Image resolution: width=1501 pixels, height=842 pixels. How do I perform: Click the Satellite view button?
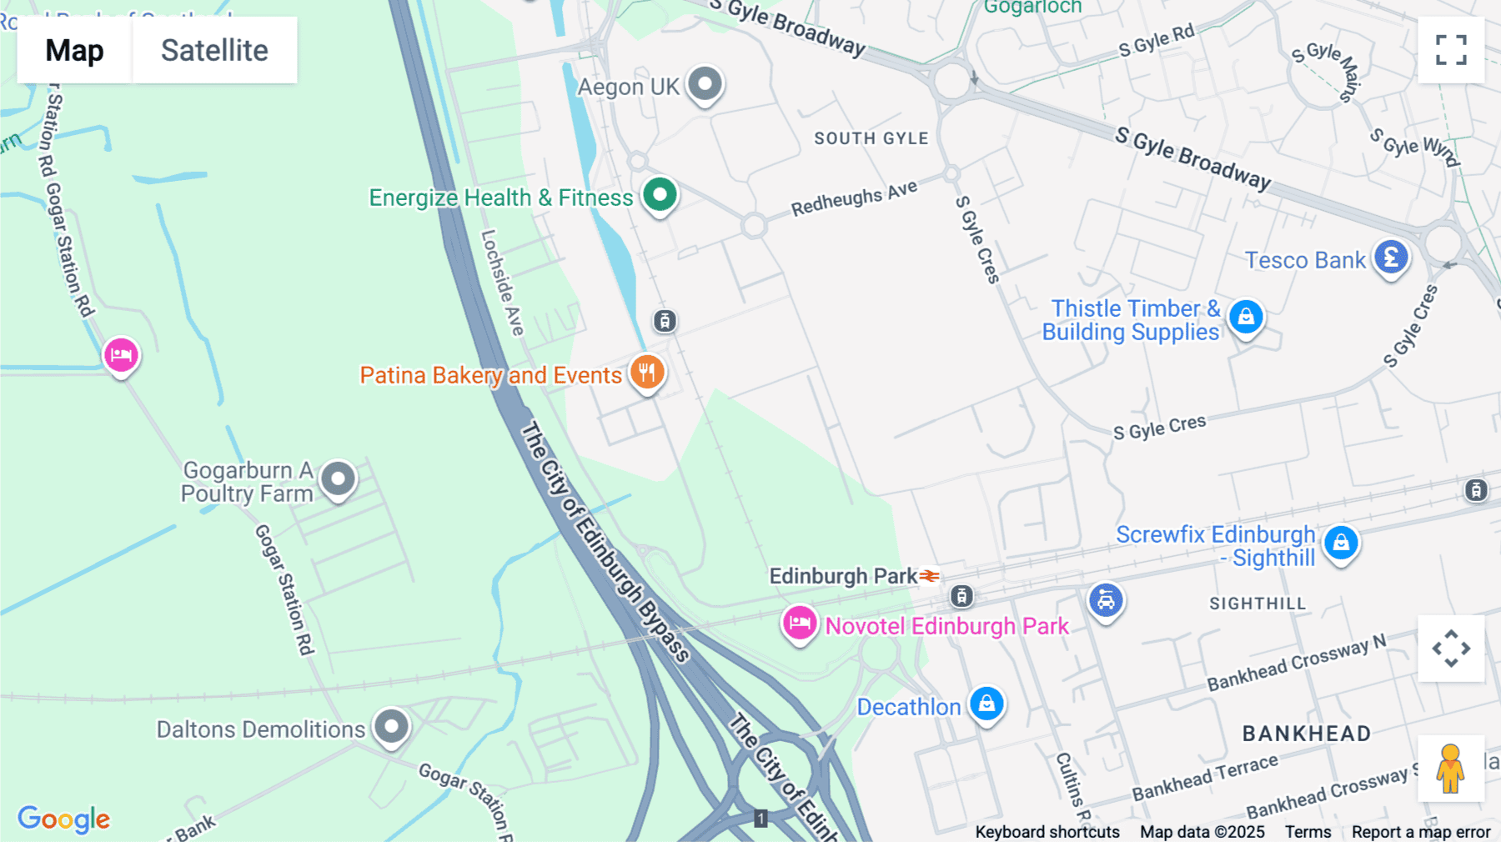pyautogui.click(x=214, y=50)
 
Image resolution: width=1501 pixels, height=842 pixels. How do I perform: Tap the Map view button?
pyautogui.click(x=74, y=50)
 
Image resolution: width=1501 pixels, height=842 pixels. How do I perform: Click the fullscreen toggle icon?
pyautogui.click(x=1451, y=50)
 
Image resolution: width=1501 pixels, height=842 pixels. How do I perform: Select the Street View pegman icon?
pyautogui.click(x=1450, y=768)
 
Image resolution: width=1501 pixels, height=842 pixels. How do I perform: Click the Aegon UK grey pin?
pyautogui.click(x=705, y=84)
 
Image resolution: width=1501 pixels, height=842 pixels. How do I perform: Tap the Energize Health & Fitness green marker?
pyautogui.click(x=660, y=196)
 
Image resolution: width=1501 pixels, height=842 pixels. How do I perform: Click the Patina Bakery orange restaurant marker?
pyautogui.click(x=647, y=373)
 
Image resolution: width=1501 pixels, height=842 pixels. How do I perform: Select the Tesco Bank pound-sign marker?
pyautogui.click(x=1391, y=258)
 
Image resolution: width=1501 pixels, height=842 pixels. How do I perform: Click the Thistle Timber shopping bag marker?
pyautogui.click(x=1246, y=318)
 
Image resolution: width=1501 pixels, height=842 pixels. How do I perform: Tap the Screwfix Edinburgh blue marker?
pyautogui.click(x=1341, y=544)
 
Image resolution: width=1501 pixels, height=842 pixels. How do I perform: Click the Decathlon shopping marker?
pyautogui.click(x=986, y=704)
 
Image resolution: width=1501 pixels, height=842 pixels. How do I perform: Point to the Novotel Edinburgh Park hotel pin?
pyautogui.click(x=799, y=624)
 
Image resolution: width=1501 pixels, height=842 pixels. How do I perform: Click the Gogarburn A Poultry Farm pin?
pyautogui.click(x=339, y=479)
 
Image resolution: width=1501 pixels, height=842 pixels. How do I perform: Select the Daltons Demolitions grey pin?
pyautogui.click(x=391, y=726)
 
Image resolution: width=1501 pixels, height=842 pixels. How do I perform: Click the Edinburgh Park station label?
pyautogui.click(x=843, y=576)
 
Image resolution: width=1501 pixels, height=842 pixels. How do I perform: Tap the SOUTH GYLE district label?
pyautogui.click(x=871, y=138)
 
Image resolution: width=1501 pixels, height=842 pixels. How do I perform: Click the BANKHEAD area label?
pyautogui.click(x=1307, y=734)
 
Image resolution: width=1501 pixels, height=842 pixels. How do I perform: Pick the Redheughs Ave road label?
pyautogui.click(x=854, y=198)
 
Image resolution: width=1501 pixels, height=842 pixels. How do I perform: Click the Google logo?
pyautogui.click(x=64, y=819)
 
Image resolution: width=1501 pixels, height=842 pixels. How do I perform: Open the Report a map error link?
pyautogui.click(x=1421, y=832)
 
